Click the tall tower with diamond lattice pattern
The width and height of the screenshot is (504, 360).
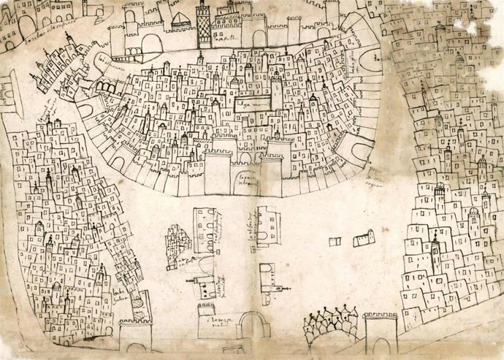point(204,23)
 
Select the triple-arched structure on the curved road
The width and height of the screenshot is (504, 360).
point(106,88)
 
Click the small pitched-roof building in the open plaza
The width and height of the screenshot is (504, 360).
point(363,238)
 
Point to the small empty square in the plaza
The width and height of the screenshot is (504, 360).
point(335,241)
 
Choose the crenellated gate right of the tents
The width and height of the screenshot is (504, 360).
point(380,332)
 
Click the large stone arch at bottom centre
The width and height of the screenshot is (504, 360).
point(253,325)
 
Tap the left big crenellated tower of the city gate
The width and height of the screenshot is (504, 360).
point(217,174)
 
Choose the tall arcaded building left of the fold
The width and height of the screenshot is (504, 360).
point(205,230)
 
